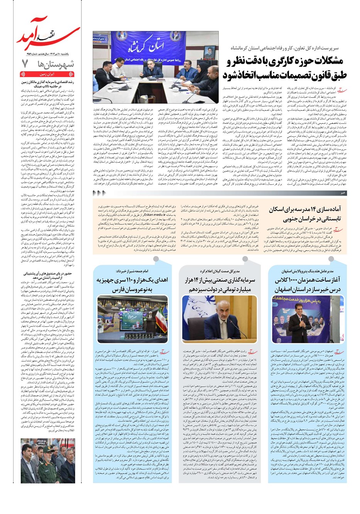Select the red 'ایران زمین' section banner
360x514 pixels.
[x=47, y=74]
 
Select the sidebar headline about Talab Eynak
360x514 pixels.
[x=48, y=84]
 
